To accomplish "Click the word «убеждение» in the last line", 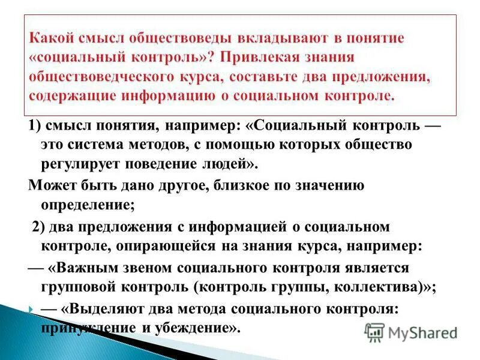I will (191, 328).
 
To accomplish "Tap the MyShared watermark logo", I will (410, 332).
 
